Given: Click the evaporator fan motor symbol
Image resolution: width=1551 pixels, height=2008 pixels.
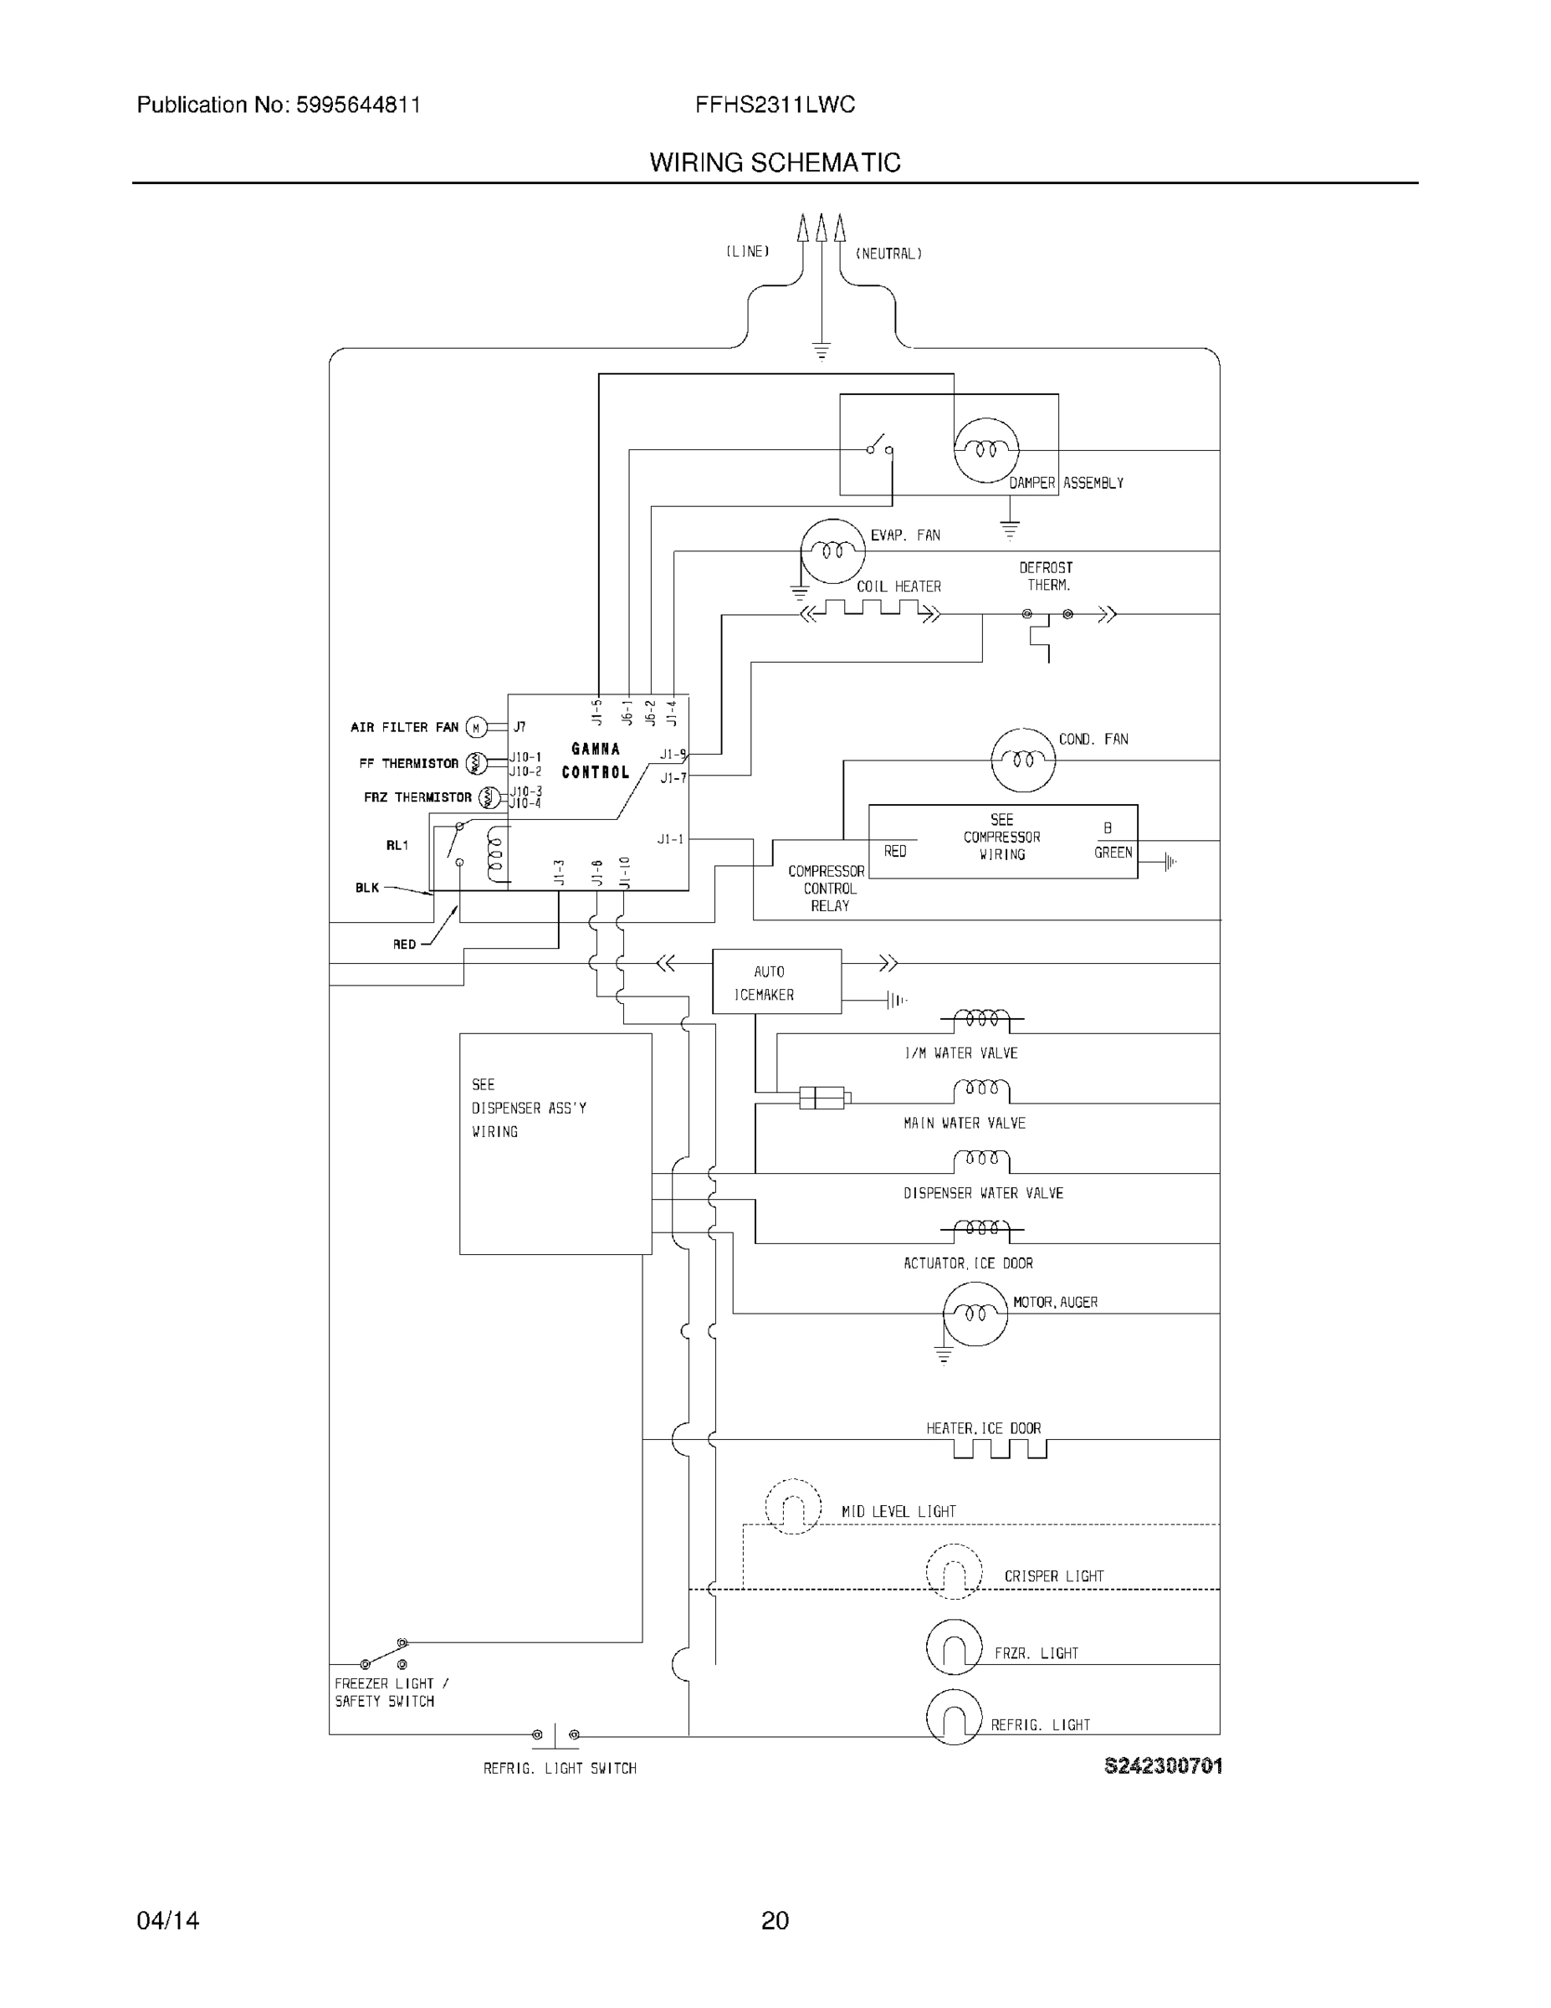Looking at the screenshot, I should pyautogui.click(x=833, y=551).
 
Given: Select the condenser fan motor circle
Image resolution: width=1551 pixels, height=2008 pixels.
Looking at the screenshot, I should pyautogui.click(x=1023, y=760).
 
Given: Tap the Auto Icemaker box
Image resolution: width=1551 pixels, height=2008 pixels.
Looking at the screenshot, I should pyautogui.click(x=776, y=982).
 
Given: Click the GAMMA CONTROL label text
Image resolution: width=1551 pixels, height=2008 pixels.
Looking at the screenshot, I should pyautogui.click(x=595, y=761).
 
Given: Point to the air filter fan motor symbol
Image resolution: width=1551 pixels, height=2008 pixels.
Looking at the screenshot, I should pyautogui.click(x=475, y=727).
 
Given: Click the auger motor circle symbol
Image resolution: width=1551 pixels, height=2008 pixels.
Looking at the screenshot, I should pyautogui.click(x=975, y=1314).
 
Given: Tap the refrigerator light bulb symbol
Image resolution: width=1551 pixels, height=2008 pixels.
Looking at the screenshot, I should pyautogui.click(x=955, y=1717).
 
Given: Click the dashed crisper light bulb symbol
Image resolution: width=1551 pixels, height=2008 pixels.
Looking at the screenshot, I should pyautogui.click(x=954, y=1572).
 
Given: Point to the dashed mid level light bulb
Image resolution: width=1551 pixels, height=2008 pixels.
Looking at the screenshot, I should pyautogui.click(x=792, y=1506).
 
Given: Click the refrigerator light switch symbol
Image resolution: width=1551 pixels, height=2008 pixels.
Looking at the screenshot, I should pyautogui.click(x=555, y=1735).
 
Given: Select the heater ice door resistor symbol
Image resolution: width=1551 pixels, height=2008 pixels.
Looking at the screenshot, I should pyautogui.click(x=1000, y=1449).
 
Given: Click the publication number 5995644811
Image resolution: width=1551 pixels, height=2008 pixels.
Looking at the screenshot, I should pyautogui.click(x=358, y=105).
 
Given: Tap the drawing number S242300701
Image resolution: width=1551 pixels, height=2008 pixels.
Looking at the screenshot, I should pyautogui.click(x=1162, y=1765).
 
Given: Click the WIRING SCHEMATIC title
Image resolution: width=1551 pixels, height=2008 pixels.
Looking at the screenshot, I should pyautogui.click(x=775, y=163).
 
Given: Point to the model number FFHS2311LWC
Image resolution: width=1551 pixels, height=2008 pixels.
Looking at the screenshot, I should pyautogui.click(x=775, y=105).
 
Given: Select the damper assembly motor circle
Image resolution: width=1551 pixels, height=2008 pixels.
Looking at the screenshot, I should pyautogui.click(x=986, y=449).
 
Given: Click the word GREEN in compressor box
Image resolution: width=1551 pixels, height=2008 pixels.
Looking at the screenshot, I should pyautogui.click(x=1113, y=853).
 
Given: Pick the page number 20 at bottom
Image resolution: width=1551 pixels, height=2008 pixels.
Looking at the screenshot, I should pyautogui.click(x=775, y=1920).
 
